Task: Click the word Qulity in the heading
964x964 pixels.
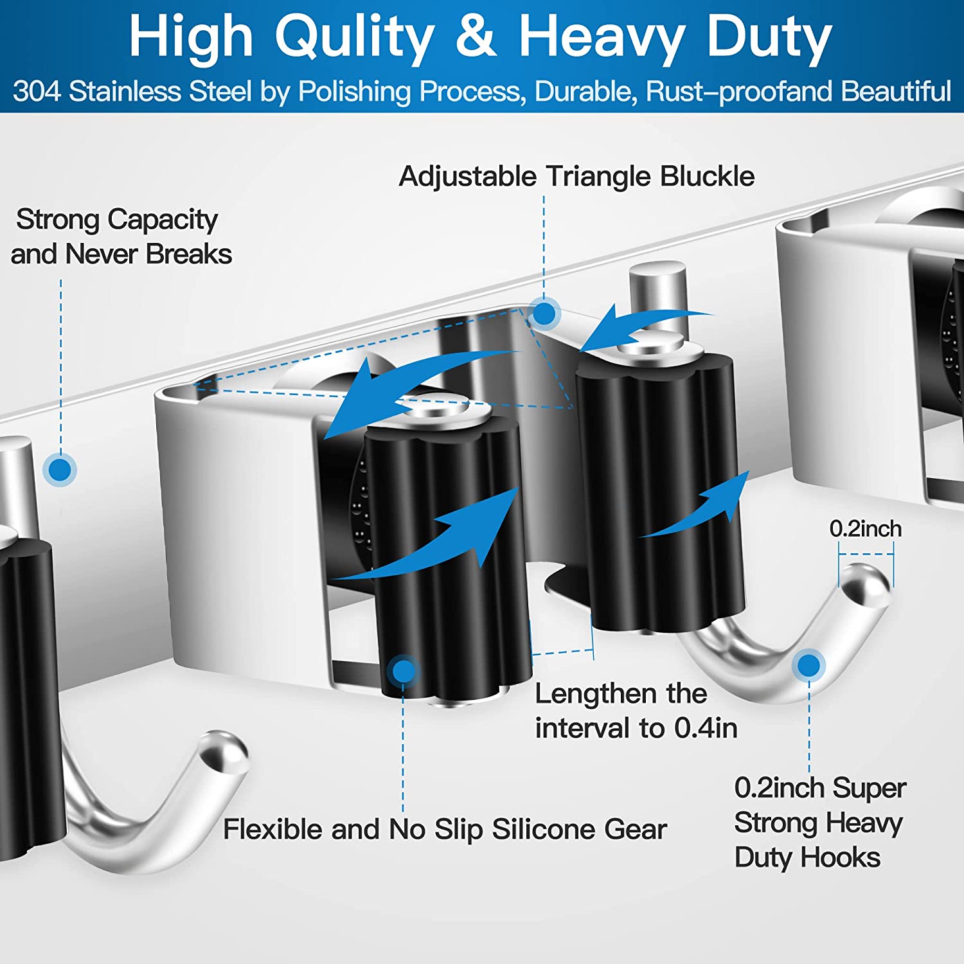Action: tap(355, 37)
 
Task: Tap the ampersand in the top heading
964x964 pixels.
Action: tap(476, 37)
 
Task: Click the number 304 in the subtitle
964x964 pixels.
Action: tap(37, 91)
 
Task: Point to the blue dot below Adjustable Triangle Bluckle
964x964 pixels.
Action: tap(544, 314)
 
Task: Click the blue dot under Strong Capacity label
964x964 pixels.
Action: tap(60, 470)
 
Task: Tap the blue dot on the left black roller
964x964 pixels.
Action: tap(404, 671)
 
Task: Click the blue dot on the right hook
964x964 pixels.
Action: tap(808, 665)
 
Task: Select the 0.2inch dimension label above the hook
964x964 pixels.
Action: tap(865, 529)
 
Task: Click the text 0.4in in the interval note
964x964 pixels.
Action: tap(706, 728)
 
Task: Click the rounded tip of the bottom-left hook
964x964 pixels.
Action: tap(225, 752)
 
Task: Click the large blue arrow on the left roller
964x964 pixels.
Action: tap(437, 540)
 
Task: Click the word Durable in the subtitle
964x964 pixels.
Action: tap(585, 91)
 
